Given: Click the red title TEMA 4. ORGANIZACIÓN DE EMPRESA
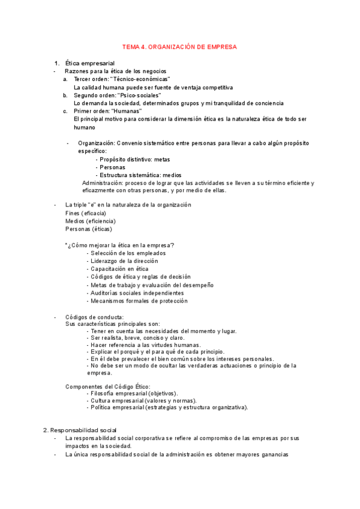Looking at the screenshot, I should (x=179, y=46).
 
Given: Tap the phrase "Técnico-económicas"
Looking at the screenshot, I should (x=140, y=79).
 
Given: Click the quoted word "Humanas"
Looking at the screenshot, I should (x=127, y=111).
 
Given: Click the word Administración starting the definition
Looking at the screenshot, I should (x=103, y=182).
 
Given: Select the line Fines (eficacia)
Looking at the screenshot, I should (x=85, y=213).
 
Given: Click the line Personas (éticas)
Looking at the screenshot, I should (x=88, y=229).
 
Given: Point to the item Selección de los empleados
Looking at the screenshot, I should (x=128, y=253).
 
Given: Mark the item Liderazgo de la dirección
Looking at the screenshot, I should (x=124, y=261).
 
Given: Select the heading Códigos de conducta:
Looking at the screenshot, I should (x=94, y=317).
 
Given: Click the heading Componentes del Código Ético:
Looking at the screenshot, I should (x=107, y=386).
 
